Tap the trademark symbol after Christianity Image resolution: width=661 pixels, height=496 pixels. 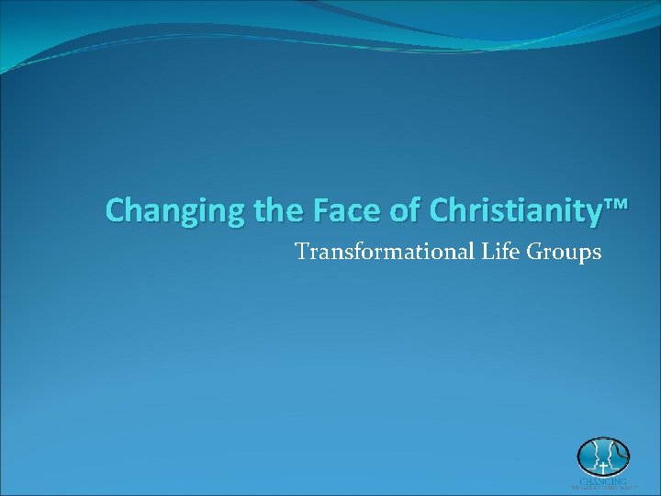click(616, 206)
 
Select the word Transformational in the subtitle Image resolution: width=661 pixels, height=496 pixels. click(385, 251)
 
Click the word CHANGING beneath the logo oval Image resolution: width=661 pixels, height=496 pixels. click(603, 480)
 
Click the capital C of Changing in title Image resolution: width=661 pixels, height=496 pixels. click(115, 210)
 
